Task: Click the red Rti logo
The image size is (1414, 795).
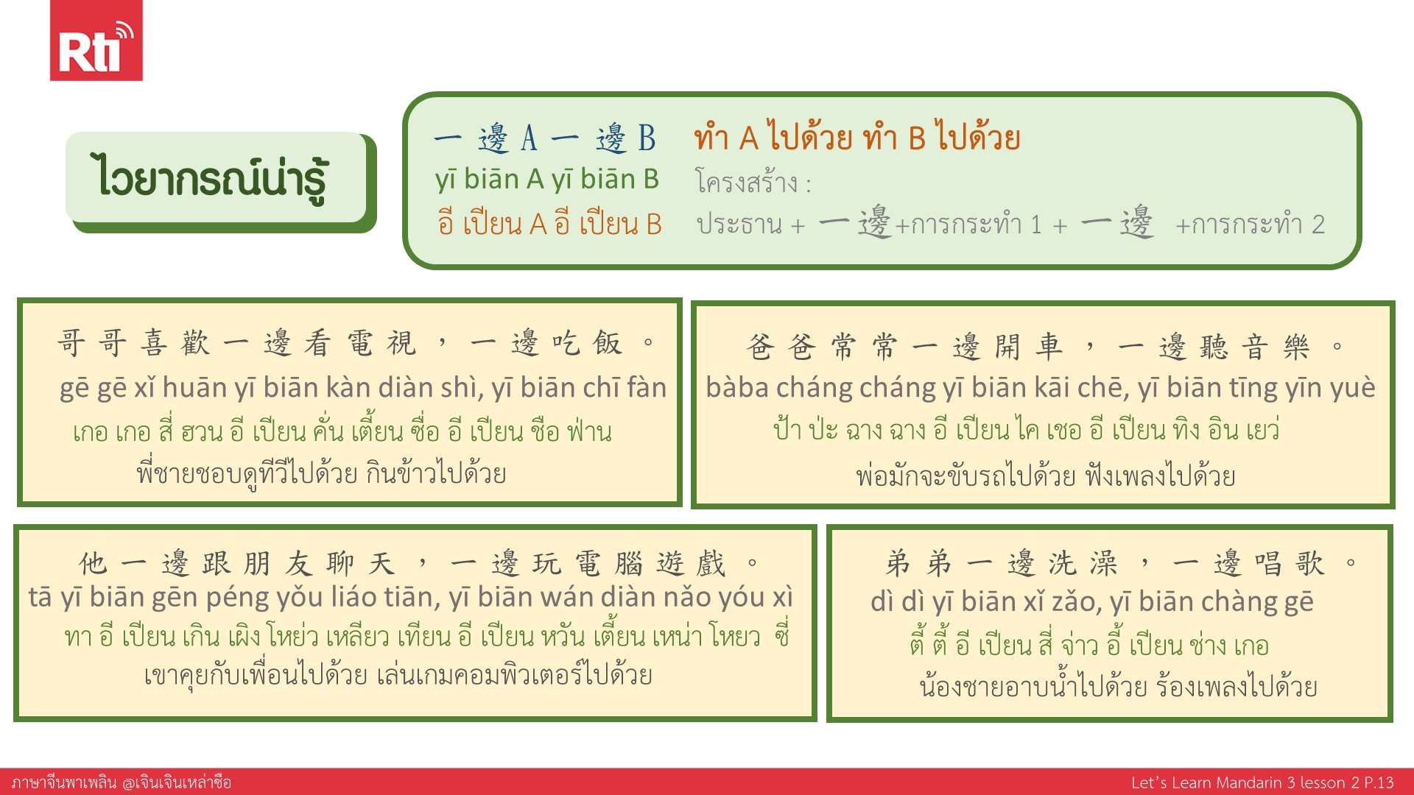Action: (96, 40)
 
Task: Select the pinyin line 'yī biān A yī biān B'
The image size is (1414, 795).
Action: (546, 180)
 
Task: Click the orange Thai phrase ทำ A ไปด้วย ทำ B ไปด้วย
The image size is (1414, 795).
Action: (857, 137)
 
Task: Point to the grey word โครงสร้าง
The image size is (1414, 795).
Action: (746, 181)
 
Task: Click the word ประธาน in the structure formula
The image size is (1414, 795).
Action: (739, 224)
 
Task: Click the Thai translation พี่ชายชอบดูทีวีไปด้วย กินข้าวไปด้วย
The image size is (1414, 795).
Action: (321, 473)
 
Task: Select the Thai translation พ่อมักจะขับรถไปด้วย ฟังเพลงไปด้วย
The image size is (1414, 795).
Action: (1046, 476)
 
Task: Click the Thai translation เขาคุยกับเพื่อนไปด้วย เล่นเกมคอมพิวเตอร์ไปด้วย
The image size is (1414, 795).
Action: (398, 674)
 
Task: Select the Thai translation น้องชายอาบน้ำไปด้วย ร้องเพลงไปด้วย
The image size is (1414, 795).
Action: (1118, 686)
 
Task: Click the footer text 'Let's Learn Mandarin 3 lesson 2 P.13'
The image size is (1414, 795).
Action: (1262, 782)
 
